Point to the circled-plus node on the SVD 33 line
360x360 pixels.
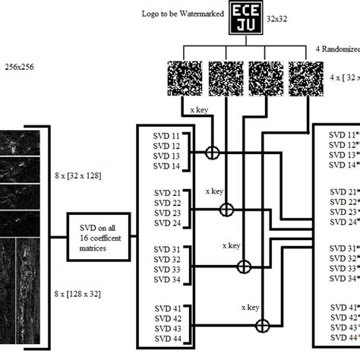244,267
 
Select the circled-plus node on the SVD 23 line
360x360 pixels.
226,209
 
